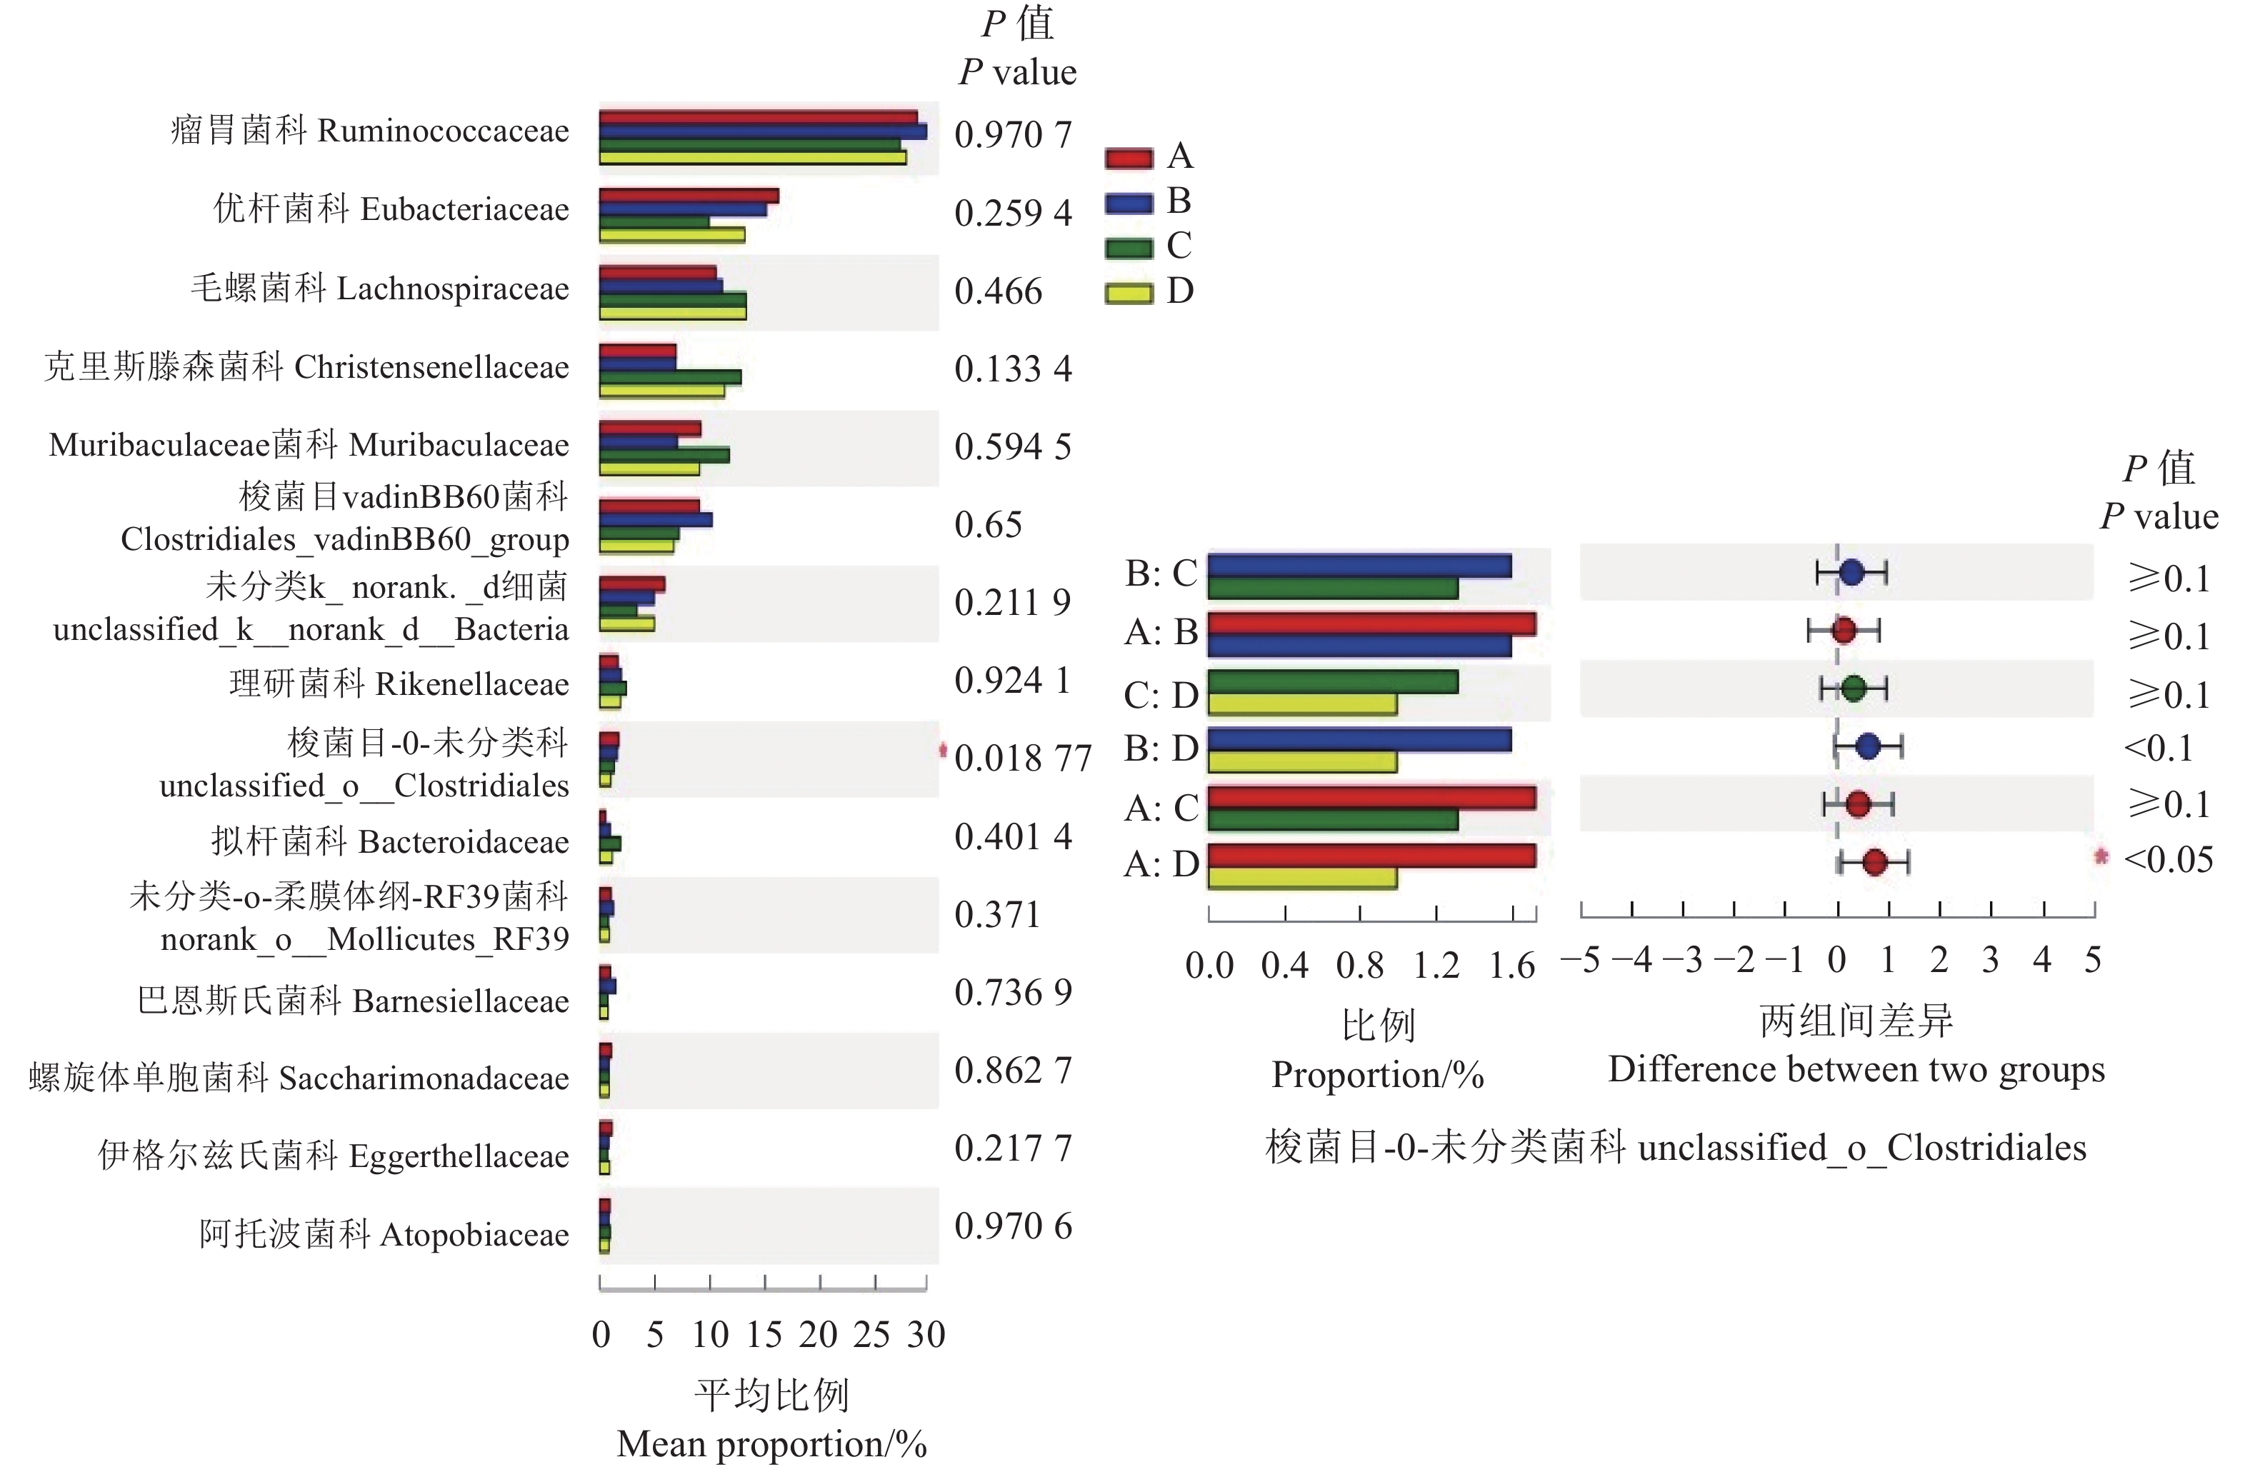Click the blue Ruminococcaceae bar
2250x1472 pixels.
tap(762, 131)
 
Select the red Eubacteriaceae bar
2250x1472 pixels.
tap(689, 196)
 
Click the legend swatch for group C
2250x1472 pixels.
tap(1129, 249)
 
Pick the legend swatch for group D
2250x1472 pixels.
tap(1129, 293)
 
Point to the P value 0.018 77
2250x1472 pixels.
tap(1022, 758)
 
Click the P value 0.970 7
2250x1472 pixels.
tap(1013, 134)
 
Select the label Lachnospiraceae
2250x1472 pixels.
tap(452, 289)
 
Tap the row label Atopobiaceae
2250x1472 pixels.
tap(474, 1235)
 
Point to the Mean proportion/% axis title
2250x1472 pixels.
tap(771, 1443)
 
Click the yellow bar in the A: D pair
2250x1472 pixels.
tap(1301, 877)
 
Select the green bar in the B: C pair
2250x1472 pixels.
tap(1332, 588)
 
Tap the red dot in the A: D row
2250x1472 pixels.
tap(1874, 862)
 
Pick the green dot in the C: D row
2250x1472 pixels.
tap(1853, 689)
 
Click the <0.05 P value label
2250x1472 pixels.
tap(2168, 859)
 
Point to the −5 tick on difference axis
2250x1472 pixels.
tap(1581, 961)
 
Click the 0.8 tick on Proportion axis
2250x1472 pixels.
tap(1359, 965)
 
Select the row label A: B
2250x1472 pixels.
tap(1160, 631)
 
